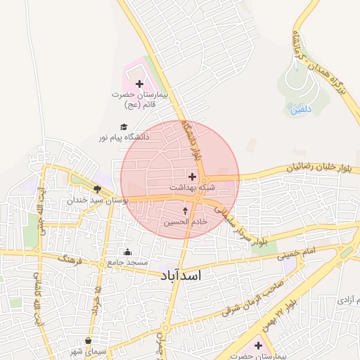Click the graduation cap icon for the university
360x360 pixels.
(124, 127)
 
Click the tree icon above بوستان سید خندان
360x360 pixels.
(96, 189)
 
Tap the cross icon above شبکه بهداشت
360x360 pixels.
(192, 176)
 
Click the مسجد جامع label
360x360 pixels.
(127, 262)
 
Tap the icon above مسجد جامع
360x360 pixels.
(127, 252)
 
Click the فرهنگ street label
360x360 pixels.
(70, 264)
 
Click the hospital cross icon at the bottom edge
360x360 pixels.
(258, 345)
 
